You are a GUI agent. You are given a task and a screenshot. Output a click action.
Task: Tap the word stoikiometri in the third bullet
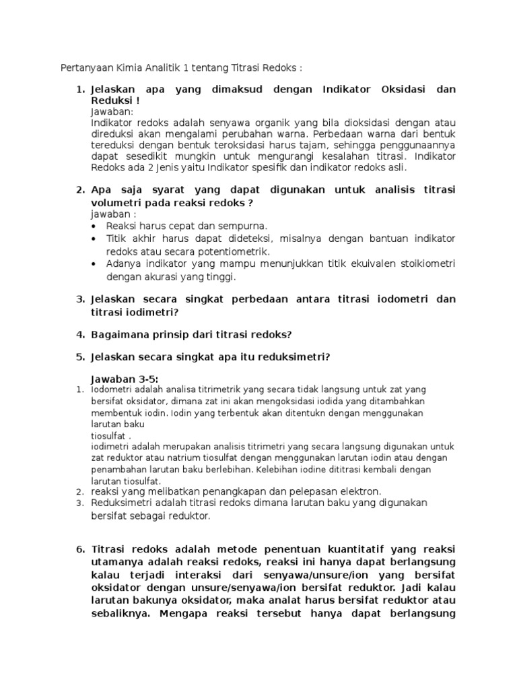427,263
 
